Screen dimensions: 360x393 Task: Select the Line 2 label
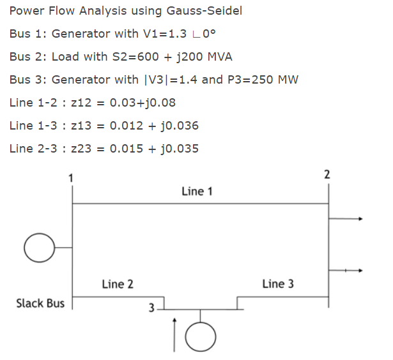point(118,284)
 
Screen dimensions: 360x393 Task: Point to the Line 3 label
point(278,284)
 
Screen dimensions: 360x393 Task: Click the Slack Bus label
point(40,303)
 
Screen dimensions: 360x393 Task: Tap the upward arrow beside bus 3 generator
point(174,336)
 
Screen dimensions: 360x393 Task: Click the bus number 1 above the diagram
point(72,177)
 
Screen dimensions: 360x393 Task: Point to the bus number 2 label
point(327,174)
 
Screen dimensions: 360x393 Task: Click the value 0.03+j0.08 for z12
point(143,103)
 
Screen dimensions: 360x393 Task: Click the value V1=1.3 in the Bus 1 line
point(150,34)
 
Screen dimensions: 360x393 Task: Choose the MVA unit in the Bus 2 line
point(217,57)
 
